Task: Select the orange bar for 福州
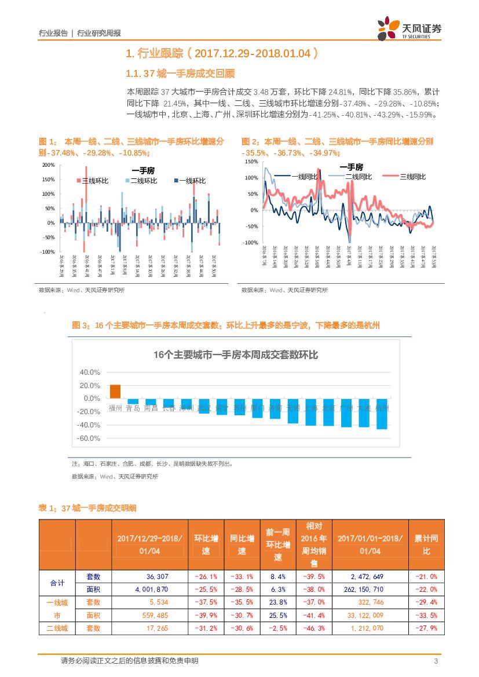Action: point(115,391)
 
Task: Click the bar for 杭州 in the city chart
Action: point(382,413)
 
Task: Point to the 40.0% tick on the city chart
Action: point(90,372)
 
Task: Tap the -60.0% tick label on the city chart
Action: point(89,438)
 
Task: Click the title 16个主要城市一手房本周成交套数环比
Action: point(236,355)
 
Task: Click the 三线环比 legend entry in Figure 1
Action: point(93,181)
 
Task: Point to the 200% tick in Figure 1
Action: point(48,165)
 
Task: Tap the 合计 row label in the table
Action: point(57,583)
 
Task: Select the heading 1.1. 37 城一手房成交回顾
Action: point(180,74)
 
